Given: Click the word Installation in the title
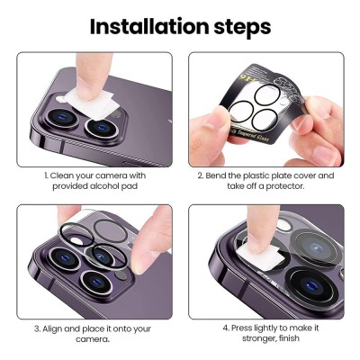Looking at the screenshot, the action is (x=149, y=26).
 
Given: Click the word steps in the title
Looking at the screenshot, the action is (x=242, y=29).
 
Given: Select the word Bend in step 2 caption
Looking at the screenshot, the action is (x=215, y=175).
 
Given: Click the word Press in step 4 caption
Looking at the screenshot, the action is (x=241, y=328).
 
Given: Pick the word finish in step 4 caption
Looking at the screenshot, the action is (x=289, y=338).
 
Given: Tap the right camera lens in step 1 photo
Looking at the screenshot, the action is (x=102, y=128).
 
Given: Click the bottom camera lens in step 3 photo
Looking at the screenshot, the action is (x=96, y=283).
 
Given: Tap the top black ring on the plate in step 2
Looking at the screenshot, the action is (x=267, y=94).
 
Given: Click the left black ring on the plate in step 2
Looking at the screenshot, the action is (x=240, y=111).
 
